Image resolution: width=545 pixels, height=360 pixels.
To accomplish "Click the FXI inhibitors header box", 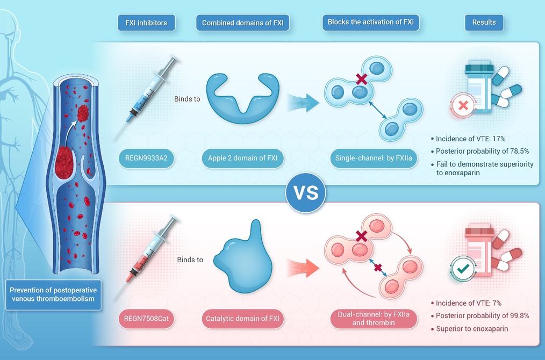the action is click(146, 23).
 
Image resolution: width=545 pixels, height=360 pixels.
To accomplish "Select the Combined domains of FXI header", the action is click(242, 23).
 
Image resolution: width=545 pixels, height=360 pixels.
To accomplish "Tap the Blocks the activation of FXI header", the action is click(371, 22).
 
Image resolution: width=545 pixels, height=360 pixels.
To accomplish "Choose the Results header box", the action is click(484, 22).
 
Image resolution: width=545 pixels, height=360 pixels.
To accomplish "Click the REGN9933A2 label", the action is click(146, 158).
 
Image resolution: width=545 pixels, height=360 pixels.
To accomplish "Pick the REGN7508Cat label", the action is click(146, 318).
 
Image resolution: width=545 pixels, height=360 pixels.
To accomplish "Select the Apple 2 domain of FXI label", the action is click(243, 158).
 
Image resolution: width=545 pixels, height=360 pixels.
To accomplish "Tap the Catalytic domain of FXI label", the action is click(243, 318).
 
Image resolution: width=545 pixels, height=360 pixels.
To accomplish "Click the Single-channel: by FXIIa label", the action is click(374, 158).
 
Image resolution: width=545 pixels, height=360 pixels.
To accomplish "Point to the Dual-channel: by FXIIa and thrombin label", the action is click(374, 319).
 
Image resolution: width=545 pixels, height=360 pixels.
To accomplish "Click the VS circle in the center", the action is click(306, 193).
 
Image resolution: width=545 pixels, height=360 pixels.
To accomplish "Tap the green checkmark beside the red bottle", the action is click(463, 269).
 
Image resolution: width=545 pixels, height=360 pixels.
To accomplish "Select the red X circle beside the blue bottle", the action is click(463, 105).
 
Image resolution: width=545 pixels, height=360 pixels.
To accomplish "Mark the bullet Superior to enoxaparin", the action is click(470, 329).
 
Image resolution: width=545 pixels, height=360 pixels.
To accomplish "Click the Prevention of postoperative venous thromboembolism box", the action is click(53, 294).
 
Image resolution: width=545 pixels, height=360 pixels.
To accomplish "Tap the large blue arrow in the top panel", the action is click(303, 103).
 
